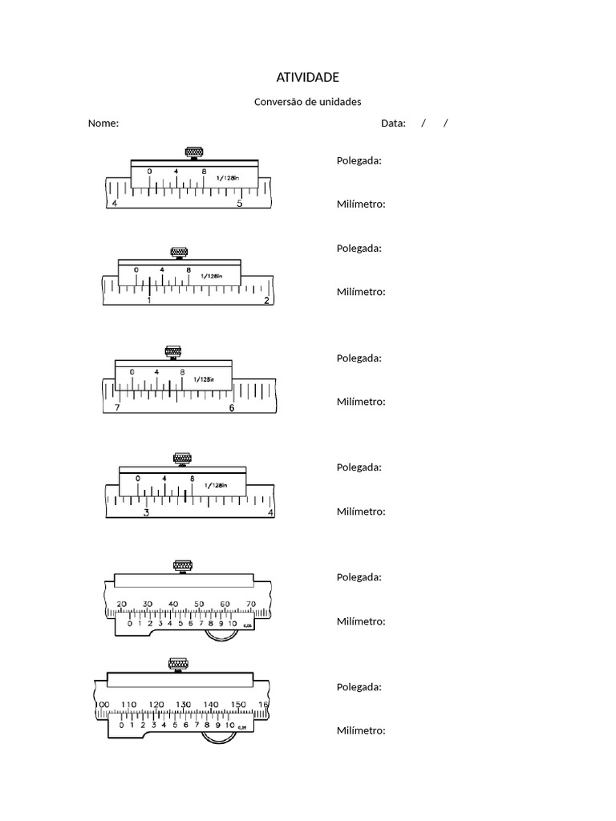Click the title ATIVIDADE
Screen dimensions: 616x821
[307, 77]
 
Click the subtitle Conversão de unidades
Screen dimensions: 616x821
[307, 102]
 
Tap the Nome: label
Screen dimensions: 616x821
[103, 123]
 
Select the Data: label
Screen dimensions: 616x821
[393, 123]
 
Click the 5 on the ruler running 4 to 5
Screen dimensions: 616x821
[239, 204]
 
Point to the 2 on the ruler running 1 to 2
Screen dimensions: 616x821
[266, 301]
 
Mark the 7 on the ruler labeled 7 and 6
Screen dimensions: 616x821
[117, 408]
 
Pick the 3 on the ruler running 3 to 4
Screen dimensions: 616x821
[146, 513]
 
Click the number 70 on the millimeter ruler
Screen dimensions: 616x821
[250, 605]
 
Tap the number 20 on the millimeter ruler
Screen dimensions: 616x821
[121, 605]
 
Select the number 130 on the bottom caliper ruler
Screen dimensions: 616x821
[184, 705]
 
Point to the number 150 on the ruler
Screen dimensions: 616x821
[238, 705]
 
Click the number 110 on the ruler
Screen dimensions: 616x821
[129, 705]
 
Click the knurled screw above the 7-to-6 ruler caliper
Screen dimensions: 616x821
[172, 351]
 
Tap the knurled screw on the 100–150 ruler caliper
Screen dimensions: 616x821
[177, 663]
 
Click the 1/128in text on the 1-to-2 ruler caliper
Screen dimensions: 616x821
[210, 276]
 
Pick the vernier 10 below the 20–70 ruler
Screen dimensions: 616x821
[233, 623]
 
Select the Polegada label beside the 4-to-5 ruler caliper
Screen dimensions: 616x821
[359, 160]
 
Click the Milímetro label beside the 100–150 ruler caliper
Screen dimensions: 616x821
[361, 730]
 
